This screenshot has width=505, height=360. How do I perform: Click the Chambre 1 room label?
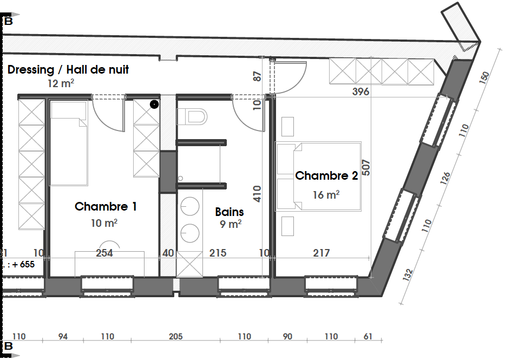(x=106, y=206)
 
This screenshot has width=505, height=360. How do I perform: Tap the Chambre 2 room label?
(x=326, y=175)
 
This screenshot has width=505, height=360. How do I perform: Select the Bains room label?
(x=229, y=212)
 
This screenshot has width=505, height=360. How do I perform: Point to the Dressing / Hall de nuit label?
(x=68, y=69)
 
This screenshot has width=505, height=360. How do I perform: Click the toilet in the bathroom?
(x=192, y=116)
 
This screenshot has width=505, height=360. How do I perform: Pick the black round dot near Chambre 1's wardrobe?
(x=154, y=104)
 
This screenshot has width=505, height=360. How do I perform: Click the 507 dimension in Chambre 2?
(x=366, y=168)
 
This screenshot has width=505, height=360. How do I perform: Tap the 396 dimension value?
(x=360, y=92)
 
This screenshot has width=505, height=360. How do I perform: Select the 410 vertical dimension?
(x=257, y=194)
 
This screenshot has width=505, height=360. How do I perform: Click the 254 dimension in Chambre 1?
(x=104, y=253)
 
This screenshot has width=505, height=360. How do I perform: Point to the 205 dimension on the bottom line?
(x=175, y=337)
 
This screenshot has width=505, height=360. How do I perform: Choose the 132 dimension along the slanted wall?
(x=408, y=275)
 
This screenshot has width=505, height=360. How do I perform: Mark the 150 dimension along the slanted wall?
(x=484, y=77)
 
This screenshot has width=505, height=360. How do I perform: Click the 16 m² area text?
(x=326, y=194)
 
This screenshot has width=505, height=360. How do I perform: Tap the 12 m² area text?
(x=61, y=83)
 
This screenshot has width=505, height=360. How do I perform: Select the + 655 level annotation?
(x=24, y=264)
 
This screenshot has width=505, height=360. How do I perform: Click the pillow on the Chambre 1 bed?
(x=69, y=110)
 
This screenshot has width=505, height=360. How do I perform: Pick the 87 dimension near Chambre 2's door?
(x=257, y=77)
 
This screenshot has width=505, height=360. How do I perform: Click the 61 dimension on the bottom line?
(x=368, y=337)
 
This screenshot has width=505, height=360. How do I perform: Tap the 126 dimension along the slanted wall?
(x=445, y=179)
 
